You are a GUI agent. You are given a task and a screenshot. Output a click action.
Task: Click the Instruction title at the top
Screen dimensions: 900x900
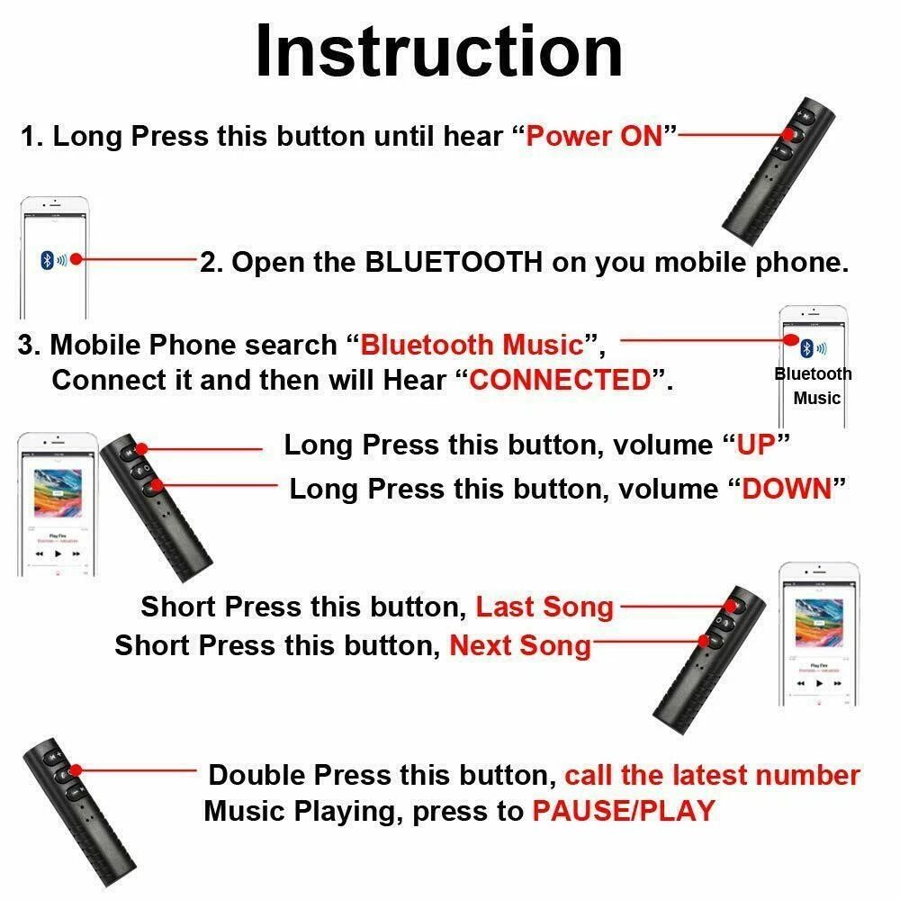438,51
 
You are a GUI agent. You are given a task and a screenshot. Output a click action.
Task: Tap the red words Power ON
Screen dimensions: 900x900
594,137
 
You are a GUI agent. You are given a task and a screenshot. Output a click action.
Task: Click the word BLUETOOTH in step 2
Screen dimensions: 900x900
454,262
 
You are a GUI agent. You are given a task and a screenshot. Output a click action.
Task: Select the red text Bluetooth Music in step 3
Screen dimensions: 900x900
472,345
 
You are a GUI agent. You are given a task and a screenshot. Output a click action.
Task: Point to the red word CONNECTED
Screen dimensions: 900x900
560,380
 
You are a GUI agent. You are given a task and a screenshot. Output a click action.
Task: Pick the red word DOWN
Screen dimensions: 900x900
786,489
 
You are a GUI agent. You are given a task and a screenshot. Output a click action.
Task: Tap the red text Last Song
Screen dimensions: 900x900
544,607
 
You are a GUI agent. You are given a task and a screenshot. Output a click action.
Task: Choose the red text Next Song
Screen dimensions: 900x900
520,645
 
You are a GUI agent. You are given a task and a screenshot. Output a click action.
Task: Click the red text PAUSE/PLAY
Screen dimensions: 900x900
623,811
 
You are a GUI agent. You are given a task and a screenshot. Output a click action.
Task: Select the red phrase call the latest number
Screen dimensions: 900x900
712,775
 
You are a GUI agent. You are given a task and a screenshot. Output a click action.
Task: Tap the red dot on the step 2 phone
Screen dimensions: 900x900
76,259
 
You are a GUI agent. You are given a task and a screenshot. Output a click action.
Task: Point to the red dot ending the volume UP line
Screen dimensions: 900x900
140,447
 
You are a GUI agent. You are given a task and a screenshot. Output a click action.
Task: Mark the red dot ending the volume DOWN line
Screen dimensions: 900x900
158,486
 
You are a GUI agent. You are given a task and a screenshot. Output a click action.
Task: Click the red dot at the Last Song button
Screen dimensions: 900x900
731,607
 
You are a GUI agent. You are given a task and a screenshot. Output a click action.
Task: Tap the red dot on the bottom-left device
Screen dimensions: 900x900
76,770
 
